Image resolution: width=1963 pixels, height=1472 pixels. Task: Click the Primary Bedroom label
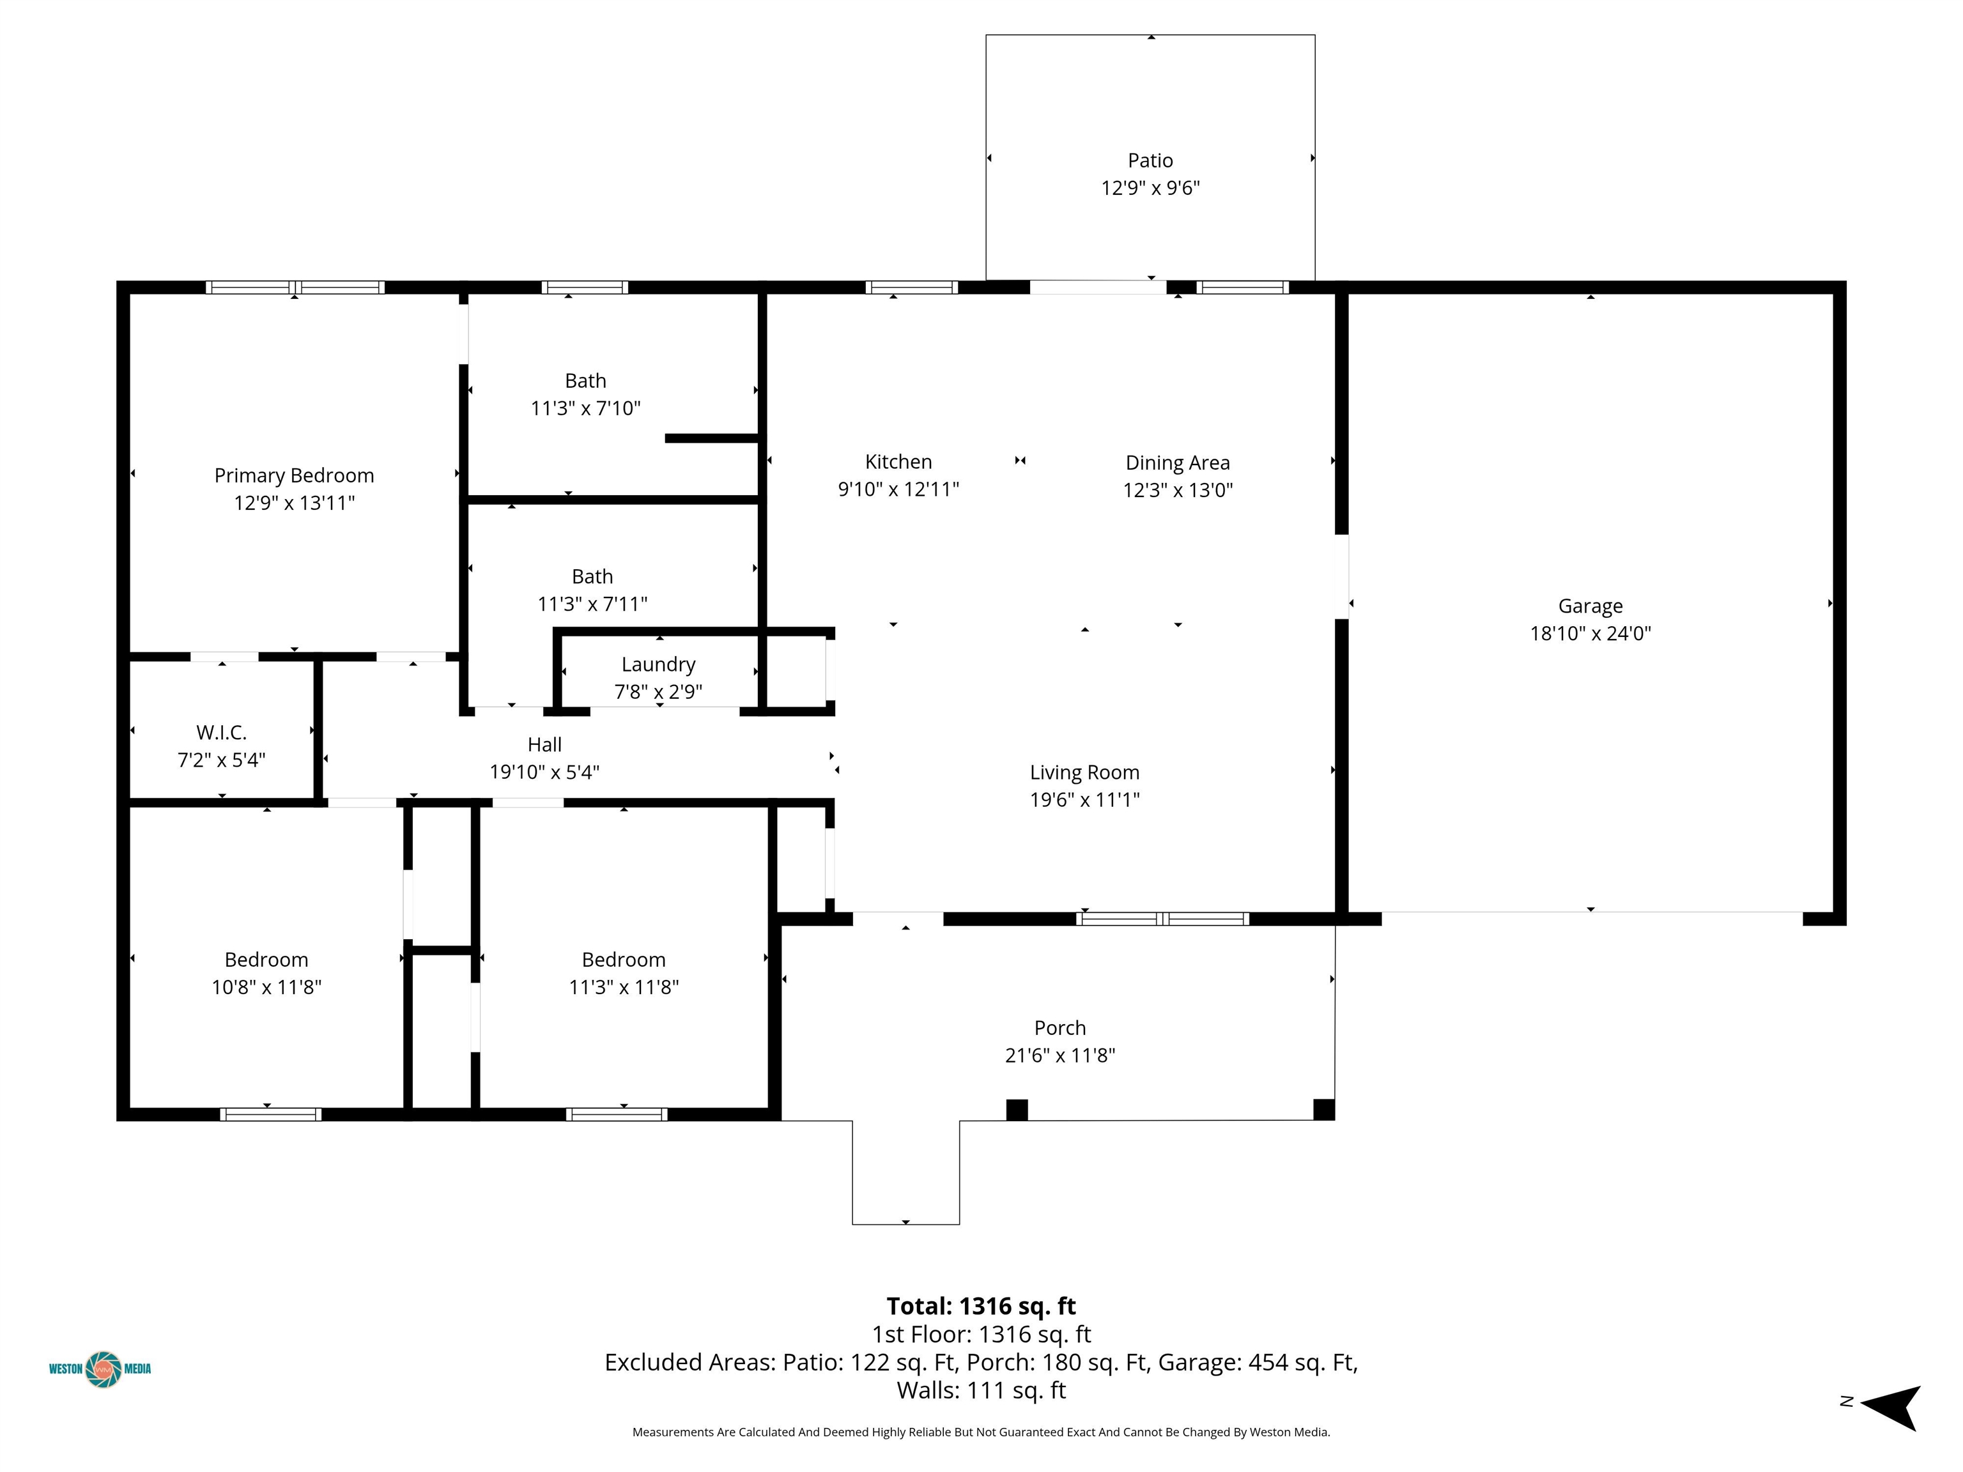[x=294, y=475]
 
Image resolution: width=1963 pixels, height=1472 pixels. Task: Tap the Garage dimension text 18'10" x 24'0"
[x=1590, y=634]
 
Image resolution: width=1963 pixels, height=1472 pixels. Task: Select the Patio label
[x=1150, y=160]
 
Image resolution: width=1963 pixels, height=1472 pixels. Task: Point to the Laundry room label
[x=658, y=664]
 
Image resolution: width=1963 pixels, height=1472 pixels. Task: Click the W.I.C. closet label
[x=221, y=733]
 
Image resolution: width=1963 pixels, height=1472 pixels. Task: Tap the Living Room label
[x=1084, y=773]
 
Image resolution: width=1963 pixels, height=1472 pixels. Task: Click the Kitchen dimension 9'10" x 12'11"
[x=898, y=489]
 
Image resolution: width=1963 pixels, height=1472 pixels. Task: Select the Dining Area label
[x=1178, y=463]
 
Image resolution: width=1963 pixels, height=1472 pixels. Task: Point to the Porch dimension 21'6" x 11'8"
[x=1059, y=1055]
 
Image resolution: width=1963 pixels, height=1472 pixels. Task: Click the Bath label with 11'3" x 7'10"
[x=586, y=381]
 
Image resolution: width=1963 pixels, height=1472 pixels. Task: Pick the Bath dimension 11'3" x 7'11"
[x=592, y=604]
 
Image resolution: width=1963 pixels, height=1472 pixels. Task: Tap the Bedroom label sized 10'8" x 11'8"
[x=266, y=960]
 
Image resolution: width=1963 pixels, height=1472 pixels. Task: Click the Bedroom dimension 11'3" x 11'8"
[x=624, y=986]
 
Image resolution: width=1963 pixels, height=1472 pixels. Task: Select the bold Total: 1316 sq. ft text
[x=981, y=1306]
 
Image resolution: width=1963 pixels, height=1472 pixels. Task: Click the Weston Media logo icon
[x=103, y=1369]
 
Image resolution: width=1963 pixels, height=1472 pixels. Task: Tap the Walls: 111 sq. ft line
[x=981, y=1390]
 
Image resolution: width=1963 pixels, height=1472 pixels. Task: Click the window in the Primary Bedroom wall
[x=295, y=287]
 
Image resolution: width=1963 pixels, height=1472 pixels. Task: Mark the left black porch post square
[x=1017, y=1110]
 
